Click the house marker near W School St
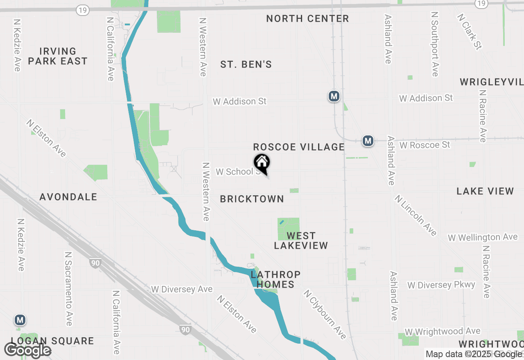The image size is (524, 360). pos(262,163)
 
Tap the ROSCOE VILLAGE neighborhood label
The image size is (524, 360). pos(299,147)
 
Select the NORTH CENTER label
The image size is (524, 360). pos(307,18)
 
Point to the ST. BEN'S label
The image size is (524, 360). pos(246,65)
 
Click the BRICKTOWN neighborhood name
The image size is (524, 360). pos(252,199)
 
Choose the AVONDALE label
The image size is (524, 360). pos(68,197)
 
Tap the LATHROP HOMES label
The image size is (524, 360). pos(276,279)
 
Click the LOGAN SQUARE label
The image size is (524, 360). pos(52,341)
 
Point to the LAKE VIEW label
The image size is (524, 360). pos(485,191)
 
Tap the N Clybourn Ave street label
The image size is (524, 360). pos(325,315)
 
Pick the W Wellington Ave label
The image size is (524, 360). pos(483,237)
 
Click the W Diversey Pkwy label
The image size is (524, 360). pos(441,285)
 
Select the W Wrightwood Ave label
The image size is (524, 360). pos(443,331)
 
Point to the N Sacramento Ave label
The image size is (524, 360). pos(68,288)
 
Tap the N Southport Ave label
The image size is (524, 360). pos(435,44)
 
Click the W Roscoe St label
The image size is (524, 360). pos(425,145)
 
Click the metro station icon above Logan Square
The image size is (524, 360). pos(19,320)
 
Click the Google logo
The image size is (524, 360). pos(27,350)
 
